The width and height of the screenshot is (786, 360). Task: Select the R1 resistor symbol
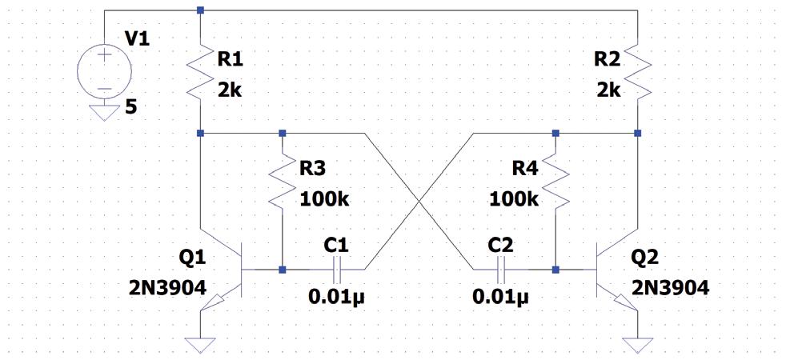[x=200, y=72]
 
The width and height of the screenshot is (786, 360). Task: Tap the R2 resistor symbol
[x=637, y=72]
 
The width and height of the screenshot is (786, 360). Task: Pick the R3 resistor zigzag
[x=283, y=182]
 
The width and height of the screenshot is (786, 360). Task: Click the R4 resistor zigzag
[x=555, y=182]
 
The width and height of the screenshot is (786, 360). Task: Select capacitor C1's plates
[x=336, y=270]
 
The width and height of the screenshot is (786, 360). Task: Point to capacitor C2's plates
[x=501, y=270]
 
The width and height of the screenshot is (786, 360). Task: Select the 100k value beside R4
[x=514, y=198]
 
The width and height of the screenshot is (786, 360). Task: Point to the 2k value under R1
[x=229, y=90]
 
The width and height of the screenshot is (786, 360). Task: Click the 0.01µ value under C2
[x=501, y=298]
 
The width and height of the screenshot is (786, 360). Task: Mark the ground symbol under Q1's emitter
[x=200, y=345]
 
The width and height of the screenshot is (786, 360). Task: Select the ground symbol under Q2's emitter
[x=637, y=345]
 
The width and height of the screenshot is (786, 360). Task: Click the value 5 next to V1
[x=130, y=105]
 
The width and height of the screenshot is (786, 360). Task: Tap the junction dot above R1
[x=200, y=10]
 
